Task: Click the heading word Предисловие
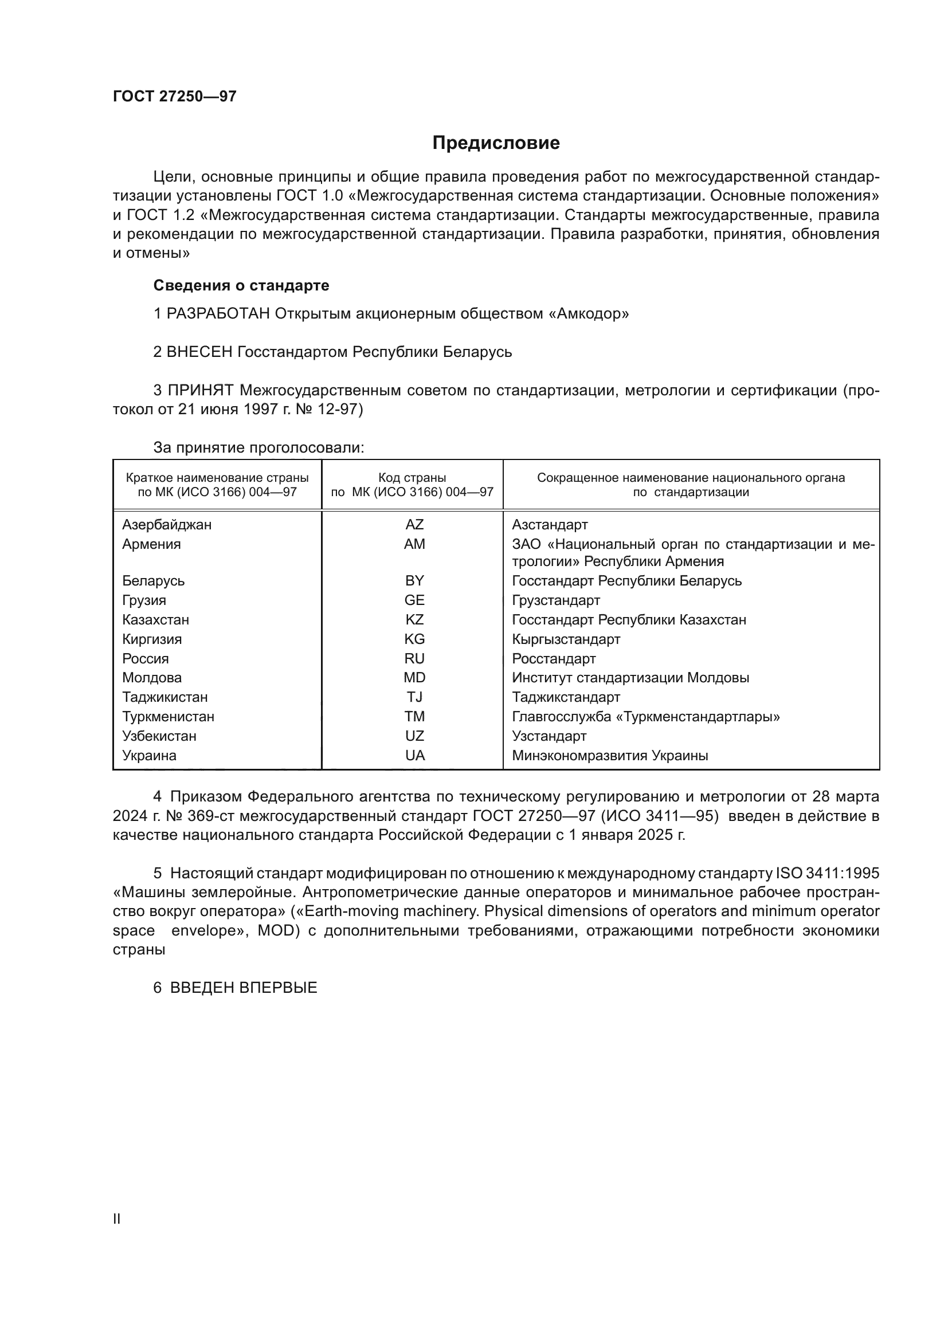pos(496,143)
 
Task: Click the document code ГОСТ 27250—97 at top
pos(175,96)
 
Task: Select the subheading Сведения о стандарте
pos(241,285)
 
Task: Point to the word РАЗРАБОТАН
pos(218,314)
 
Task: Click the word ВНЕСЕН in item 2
pos(199,352)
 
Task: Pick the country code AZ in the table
pos(414,525)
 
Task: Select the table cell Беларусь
pos(154,581)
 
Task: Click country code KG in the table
pos(414,639)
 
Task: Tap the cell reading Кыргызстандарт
pos(566,639)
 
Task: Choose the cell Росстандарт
pos(554,659)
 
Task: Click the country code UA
pos(414,756)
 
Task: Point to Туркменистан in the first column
pos(168,717)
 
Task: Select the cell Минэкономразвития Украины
pos(610,756)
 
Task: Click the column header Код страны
pos(412,478)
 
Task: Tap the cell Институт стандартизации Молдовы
pos(630,678)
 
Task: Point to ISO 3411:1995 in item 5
pos(827,874)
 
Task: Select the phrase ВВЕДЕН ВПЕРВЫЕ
pos(244,988)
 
